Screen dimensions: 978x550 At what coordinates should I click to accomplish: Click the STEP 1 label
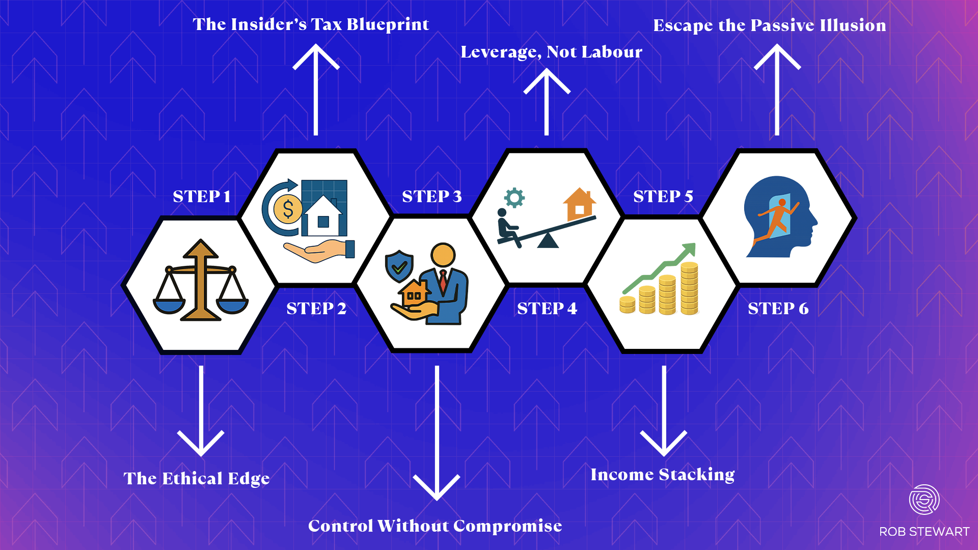pos(202,197)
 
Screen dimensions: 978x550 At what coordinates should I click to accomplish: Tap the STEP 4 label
pos(547,309)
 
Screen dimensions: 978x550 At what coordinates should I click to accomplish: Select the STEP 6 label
pos(778,309)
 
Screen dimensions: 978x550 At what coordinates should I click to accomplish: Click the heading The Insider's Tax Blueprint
pos(311,24)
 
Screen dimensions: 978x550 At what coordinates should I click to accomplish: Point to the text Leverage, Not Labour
pos(551,52)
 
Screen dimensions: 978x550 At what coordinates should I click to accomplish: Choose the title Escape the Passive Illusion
pos(769,25)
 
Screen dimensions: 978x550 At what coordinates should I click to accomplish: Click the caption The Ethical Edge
pos(196,479)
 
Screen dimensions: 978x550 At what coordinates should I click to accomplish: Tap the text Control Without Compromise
pos(435,526)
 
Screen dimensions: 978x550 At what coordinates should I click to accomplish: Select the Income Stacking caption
pos(662,475)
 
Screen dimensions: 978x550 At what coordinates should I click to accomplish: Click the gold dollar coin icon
pos(288,209)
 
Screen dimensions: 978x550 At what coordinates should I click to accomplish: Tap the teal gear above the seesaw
pos(514,198)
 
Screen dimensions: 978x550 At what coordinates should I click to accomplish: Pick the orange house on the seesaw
pos(580,204)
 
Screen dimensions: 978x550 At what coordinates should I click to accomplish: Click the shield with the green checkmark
pos(399,265)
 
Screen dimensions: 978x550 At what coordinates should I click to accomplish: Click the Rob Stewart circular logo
pos(924,500)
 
